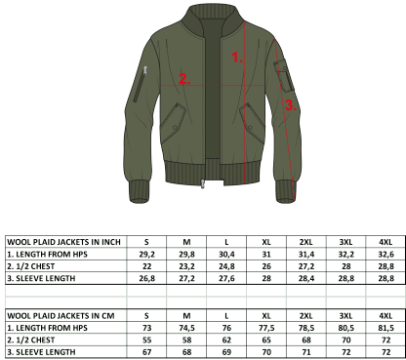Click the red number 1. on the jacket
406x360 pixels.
point(237,58)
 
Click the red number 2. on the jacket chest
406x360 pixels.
point(184,79)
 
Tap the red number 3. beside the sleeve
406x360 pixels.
point(291,105)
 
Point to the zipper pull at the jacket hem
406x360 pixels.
point(203,184)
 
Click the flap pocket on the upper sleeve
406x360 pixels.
point(284,75)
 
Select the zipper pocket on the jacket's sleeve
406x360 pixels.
point(140,84)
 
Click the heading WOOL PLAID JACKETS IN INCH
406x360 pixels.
point(63,242)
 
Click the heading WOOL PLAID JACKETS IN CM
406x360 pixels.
point(61,316)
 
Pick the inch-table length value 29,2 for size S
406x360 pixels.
point(146,255)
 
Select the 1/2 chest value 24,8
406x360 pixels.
point(226,266)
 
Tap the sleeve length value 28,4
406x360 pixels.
point(306,279)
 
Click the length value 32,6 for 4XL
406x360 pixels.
point(386,255)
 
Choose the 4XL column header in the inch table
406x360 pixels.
point(386,242)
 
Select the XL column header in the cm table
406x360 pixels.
point(266,316)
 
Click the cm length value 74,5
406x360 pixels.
point(186,328)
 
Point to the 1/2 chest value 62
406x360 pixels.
point(226,340)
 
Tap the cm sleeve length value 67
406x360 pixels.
point(146,352)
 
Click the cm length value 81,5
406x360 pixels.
point(386,328)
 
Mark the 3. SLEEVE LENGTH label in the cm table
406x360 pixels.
point(41,352)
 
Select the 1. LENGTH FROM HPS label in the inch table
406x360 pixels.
point(47,255)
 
